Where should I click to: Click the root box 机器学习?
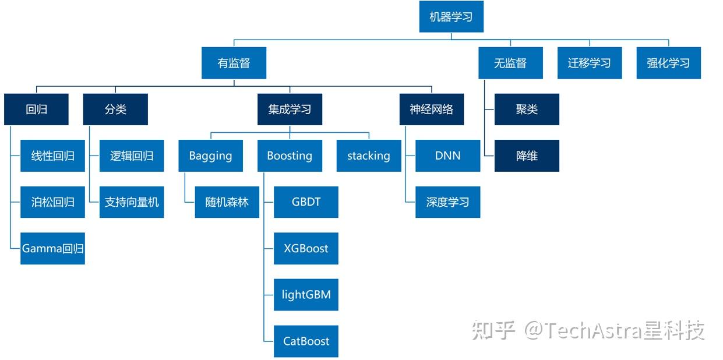pos(451,17)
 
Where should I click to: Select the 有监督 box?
pos(234,63)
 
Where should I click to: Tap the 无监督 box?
pos(510,63)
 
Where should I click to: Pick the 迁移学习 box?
pos(589,63)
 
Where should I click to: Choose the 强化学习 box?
pos(668,63)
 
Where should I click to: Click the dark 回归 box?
pos(36,110)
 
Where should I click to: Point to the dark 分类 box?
pos(115,110)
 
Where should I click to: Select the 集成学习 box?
pos(290,110)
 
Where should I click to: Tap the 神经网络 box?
pos(431,110)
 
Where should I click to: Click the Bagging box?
pos(210,156)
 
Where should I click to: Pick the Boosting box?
pos(290,156)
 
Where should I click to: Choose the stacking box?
pos(369,156)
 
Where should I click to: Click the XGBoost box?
pos(306,249)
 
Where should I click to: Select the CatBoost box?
pos(306,341)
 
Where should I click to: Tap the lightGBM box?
pos(306,295)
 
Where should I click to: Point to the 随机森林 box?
pos(227,202)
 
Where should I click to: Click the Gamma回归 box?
pos(52,249)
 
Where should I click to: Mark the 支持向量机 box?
pos(132,202)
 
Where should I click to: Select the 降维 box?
pos(527,156)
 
